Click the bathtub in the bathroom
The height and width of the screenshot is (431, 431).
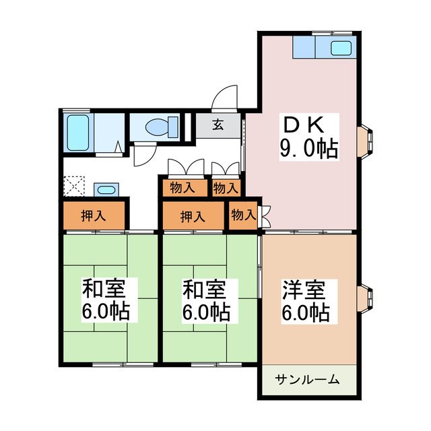79,133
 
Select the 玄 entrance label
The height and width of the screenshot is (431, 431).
219,125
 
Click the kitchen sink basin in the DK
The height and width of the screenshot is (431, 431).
340,48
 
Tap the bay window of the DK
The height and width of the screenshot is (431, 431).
370,141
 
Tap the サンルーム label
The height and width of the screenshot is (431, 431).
307,380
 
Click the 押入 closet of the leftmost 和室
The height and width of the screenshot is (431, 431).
94,216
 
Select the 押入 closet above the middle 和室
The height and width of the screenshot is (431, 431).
193,216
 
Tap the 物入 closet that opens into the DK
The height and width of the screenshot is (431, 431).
243,215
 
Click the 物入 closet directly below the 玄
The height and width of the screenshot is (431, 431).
226,188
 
